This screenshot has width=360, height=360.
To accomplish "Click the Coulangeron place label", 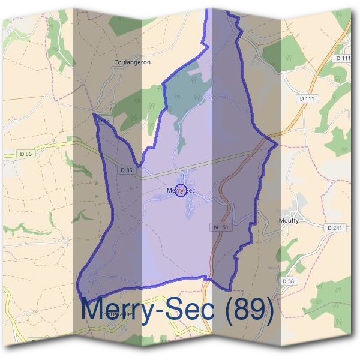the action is tap(132, 62).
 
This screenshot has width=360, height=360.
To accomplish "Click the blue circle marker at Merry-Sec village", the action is tap(179, 191).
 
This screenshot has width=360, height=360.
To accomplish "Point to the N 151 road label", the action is tap(220, 227).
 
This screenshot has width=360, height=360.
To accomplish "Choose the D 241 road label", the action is tap(336, 228).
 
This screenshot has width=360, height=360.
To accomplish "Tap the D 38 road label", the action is tap(288, 280).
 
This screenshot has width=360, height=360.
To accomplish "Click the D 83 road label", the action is tap(104, 121).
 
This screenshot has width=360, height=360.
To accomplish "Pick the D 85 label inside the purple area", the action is tap(126, 170).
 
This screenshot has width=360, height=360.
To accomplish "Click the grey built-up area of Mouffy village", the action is tap(296, 211).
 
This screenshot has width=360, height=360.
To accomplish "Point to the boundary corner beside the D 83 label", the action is tap(94, 113).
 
